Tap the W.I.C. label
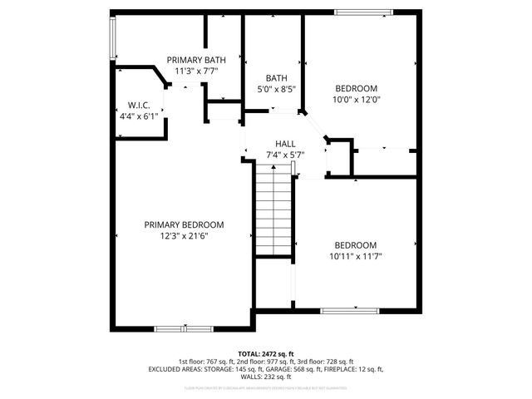tap(138, 105)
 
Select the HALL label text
tap(273, 144)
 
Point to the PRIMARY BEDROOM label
tap(184, 224)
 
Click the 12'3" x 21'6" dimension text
tap(184, 236)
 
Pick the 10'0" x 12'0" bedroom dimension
tap(356, 99)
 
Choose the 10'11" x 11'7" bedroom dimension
tap(355, 256)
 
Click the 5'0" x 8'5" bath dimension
tap(275, 88)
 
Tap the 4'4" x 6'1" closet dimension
tap(138, 116)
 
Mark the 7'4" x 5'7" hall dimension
tap(273, 155)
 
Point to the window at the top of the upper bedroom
tap(363, 12)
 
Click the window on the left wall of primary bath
tap(114, 37)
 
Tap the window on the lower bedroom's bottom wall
tap(349, 311)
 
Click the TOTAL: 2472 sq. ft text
tap(266, 354)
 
